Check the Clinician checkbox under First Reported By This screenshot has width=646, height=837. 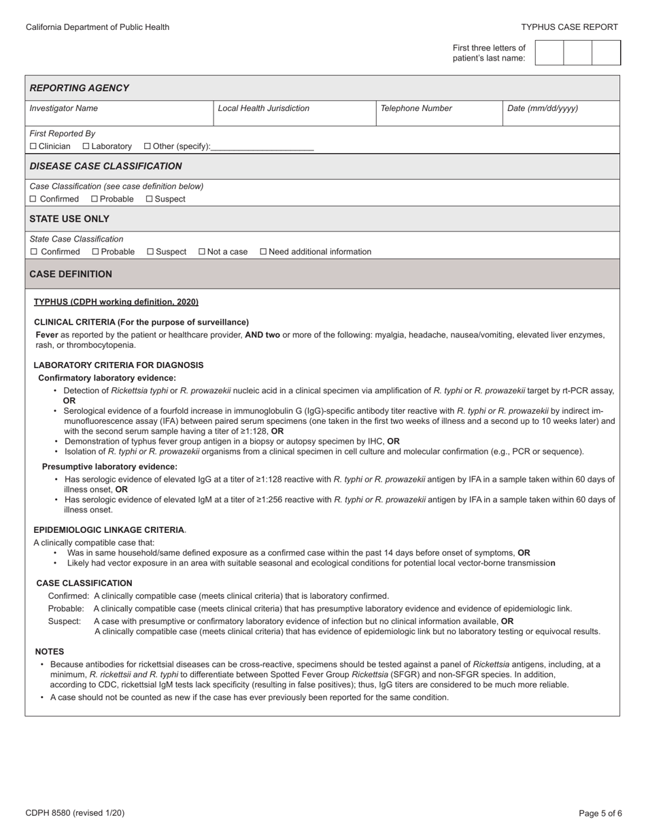(33, 146)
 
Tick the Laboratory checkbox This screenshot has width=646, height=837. (86, 146)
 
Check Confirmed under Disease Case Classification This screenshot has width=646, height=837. (33, 199)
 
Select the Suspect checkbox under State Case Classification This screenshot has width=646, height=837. (150, 252)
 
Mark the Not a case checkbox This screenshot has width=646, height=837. (202, 252)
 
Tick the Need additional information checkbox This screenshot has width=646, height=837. (264, 252)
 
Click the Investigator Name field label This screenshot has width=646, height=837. (64, 108)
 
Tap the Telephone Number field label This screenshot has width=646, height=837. (416, 108)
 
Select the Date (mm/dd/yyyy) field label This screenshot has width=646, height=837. (543, 108)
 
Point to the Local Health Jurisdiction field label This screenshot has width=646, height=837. (264, 108)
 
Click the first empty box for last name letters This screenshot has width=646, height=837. (549, 52)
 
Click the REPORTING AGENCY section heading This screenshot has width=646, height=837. (80, 88)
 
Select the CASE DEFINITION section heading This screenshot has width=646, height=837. (71, 274)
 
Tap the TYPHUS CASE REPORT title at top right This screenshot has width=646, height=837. (569, 27)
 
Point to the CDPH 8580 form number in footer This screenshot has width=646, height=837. (75, 813)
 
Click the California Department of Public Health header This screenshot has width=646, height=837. (97, 27)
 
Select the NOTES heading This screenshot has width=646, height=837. (50, 651)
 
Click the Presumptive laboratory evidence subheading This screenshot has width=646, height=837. (109, 467)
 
